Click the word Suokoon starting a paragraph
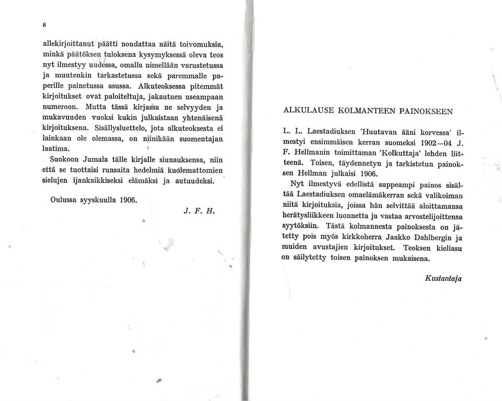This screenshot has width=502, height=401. pyautogui.click(x=67, y=159)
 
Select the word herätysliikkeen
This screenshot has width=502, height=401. pyautogui.click(x=313, y=216)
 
